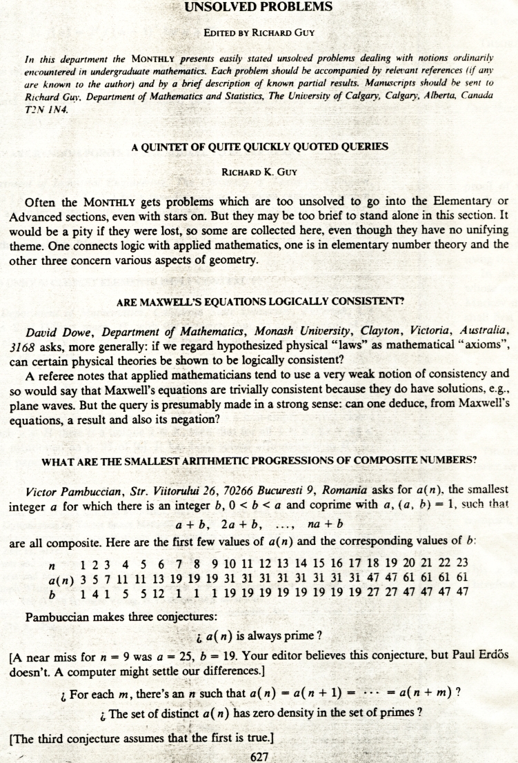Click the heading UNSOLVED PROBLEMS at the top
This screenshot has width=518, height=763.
(x=258, y=8)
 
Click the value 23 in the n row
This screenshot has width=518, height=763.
(x=463, y=562)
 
